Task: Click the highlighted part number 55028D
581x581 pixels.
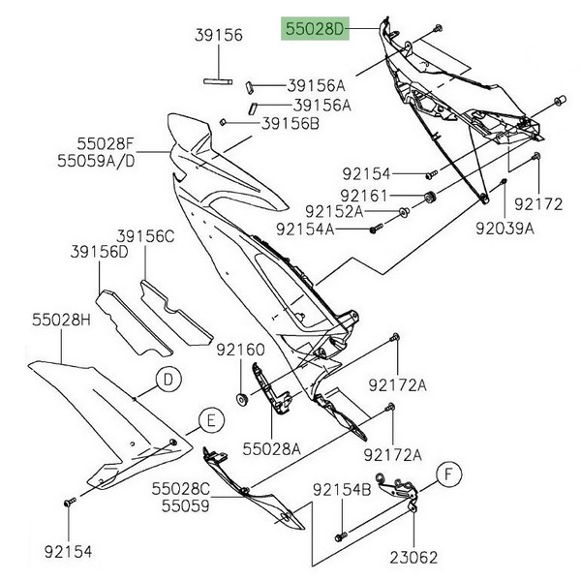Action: point(313,29)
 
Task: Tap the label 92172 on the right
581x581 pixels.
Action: point(537,204)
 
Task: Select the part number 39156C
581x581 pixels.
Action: point(145,235)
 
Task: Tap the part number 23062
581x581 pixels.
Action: point(414,559)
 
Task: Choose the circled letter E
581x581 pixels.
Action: point(207,419)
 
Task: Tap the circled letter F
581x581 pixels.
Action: point(448,474)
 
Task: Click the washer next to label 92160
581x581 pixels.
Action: point(239,399)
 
